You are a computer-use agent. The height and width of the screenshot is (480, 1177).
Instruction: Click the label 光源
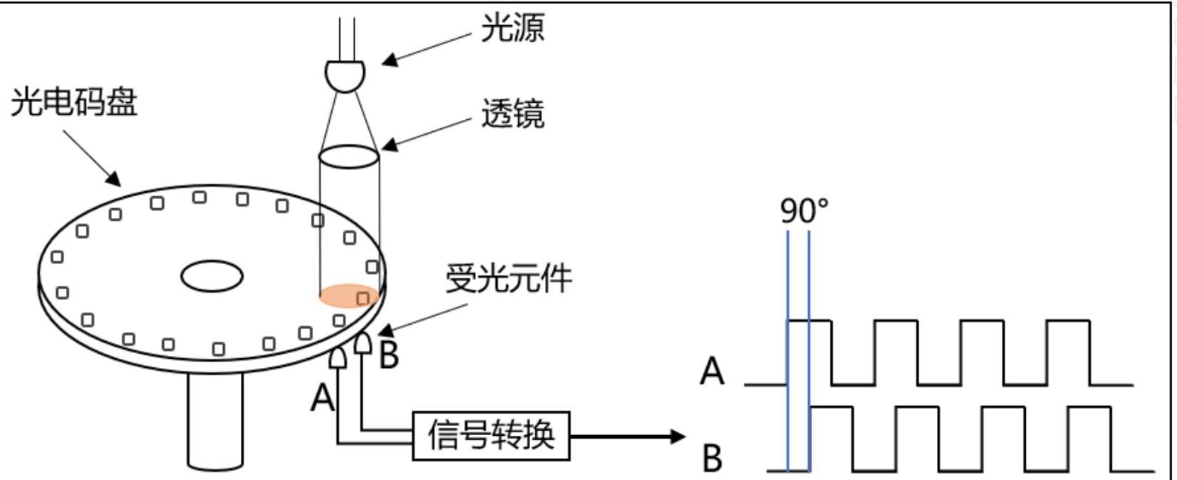click(512, 28)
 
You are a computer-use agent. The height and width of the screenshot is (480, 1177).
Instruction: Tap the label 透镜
click(512, 113)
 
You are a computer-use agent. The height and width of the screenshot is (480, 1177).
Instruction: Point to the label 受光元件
click(508, 278)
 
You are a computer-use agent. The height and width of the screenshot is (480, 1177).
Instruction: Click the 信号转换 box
click(491, 435)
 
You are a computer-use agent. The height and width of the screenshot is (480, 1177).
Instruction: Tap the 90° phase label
click(804, 210)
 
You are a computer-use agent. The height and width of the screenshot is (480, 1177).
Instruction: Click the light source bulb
click(346, 75)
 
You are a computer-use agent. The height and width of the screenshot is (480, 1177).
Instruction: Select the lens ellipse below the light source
click(348, 157)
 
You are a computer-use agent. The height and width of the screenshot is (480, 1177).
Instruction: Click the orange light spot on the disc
click(347, 295)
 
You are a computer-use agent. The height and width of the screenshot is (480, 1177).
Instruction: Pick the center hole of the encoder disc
click(212, 276)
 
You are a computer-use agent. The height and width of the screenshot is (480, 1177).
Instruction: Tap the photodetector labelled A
click(337, 358)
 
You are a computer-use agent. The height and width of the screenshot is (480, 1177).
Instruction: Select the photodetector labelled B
click(363, 344)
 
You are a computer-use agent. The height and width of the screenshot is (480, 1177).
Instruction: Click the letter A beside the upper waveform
click(712, 372)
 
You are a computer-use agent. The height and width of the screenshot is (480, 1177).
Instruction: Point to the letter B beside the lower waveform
click(712, 458)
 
